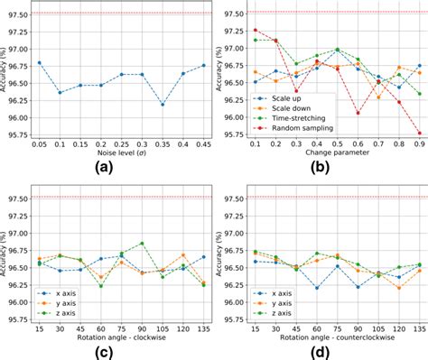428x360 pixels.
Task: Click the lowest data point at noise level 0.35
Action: (163, 105)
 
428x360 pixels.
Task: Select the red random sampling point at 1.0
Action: (418, 133)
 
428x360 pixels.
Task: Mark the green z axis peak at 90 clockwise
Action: (142, 244)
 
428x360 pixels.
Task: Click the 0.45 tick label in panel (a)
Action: (203, 142)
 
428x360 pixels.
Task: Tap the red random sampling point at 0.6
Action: (358, 113)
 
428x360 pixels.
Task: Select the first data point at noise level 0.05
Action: (40, 62)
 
